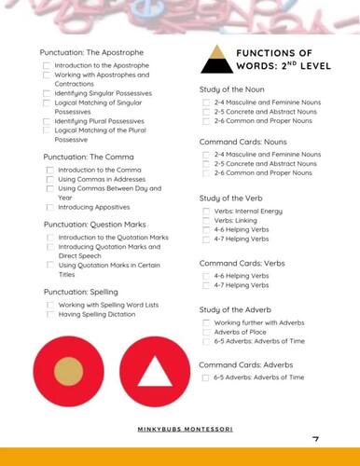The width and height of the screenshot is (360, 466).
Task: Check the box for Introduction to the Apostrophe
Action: click(47, 67)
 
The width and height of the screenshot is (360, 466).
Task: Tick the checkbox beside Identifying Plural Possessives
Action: click(47, 121)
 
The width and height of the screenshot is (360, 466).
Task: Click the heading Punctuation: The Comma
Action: click(85, 157)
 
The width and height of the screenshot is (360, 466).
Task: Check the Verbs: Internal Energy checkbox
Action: click(206, 211)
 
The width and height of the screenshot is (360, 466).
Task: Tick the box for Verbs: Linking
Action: click(206, 220)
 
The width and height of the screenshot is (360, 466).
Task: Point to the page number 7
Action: click(315, 440)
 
